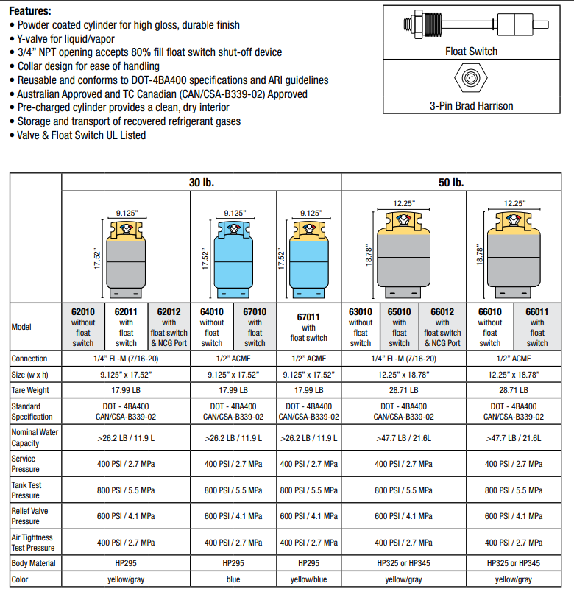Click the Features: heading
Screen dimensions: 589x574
(30, 11)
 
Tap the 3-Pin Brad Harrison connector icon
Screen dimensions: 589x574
(471, 77)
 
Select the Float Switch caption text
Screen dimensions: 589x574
(471, 52)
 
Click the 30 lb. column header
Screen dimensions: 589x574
(201, 182)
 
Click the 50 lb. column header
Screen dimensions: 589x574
(450, 182)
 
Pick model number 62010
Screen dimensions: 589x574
(83, 311)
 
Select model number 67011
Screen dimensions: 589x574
(308, 316)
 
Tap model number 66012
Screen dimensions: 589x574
(442, 311)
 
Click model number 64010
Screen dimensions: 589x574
(212, 311)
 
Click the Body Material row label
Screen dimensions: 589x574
(34, 563)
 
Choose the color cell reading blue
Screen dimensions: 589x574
(233, 579)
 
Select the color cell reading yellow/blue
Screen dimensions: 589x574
(308, 579)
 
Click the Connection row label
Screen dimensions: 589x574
(29, 359)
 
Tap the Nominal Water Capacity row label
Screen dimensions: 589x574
(34, 438)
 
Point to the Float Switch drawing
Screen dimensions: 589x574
(471, 23)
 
